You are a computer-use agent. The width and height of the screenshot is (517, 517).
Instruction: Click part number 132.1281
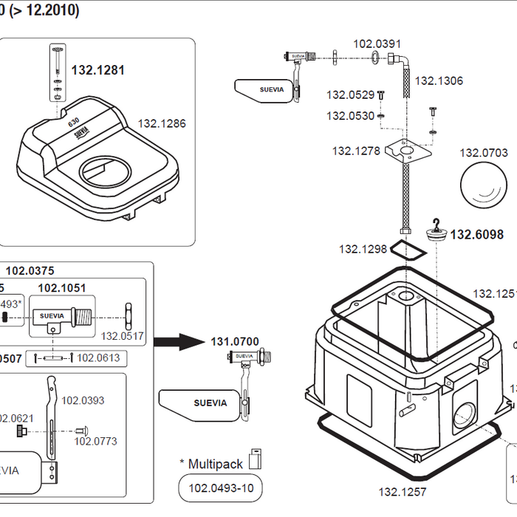pyautogui.click(x=97, y=70)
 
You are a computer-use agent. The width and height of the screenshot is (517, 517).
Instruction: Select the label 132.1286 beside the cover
pyautogui.click(x=162, y=123)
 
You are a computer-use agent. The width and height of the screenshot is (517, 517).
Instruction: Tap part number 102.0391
pyautogui.click(x=377, y=44)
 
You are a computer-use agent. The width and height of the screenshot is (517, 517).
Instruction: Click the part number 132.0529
pyautogui.click(x=351, y=95)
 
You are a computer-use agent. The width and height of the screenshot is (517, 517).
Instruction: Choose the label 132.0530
pyautogui.click(x=351, y=116)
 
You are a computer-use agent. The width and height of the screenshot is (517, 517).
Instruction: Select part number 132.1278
pyautogui.click(x=356, y=151)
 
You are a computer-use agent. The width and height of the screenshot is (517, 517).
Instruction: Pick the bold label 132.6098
pyautogui.click(x=477, y=235)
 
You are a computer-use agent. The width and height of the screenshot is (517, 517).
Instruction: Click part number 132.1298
pyautogui.click(x=363, y=249)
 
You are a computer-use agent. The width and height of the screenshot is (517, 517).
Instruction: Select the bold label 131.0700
pyautogui.click(x=235, y=342)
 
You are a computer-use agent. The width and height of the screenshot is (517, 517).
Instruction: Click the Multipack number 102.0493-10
pyautogui.click(x=220, y=488)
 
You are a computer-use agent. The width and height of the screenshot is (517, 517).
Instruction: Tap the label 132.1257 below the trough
pyautogui.click(x=403, y=491)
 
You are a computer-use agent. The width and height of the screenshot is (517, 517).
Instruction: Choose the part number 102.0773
pyautogui.click(x=95, y=442)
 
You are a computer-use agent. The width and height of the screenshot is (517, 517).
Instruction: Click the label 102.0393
pyautogui.click(x=83, y=401)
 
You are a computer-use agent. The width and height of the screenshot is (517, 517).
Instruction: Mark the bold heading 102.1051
pyautogui.click(x=62, y=288)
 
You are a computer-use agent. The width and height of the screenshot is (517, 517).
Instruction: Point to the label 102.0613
pyautogui.click(x=98, y=358)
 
